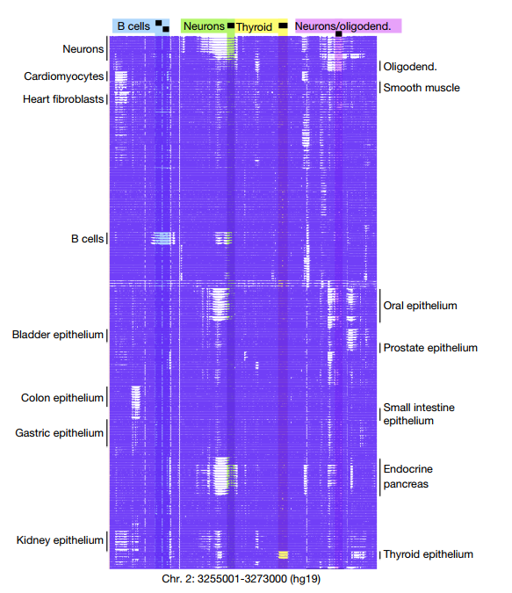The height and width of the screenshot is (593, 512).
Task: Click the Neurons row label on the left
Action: [x=83, y=49]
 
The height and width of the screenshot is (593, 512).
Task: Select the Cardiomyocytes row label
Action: [x=63, y=76]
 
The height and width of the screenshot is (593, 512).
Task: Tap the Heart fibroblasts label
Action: [x=63, y=99]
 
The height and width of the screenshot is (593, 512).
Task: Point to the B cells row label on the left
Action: [x=87, y=239]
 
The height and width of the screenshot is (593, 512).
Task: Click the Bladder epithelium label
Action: [x=57, y=335]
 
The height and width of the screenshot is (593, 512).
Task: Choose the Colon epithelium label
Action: [x=62, y=398]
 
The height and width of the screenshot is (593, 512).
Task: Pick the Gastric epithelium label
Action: [x=59, y=432]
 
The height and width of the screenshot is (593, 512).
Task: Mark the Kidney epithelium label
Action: [x=60, y=540]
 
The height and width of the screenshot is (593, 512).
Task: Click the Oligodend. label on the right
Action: [x=410, y=67]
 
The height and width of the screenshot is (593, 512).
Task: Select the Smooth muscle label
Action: [x=422, y=88]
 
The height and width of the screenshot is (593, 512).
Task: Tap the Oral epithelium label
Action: [x=420, y=306]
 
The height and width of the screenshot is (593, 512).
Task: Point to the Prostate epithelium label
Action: [x=430, y=348]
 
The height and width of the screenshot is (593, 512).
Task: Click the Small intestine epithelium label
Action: [x=419, y=414]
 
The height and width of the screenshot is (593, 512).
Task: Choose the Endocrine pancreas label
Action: [x=408, y=476]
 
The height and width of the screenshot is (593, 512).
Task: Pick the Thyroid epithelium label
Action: [x=428, y=554]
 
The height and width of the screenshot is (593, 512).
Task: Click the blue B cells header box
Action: [x=141, y=26]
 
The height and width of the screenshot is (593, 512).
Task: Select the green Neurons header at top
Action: [x=207, y=26]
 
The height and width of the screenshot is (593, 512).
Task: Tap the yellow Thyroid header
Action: [x=261, y=27]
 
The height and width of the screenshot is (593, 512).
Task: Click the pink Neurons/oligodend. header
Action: [x=348, y=25]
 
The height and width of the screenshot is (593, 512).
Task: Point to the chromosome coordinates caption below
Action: [x=241, y=579]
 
